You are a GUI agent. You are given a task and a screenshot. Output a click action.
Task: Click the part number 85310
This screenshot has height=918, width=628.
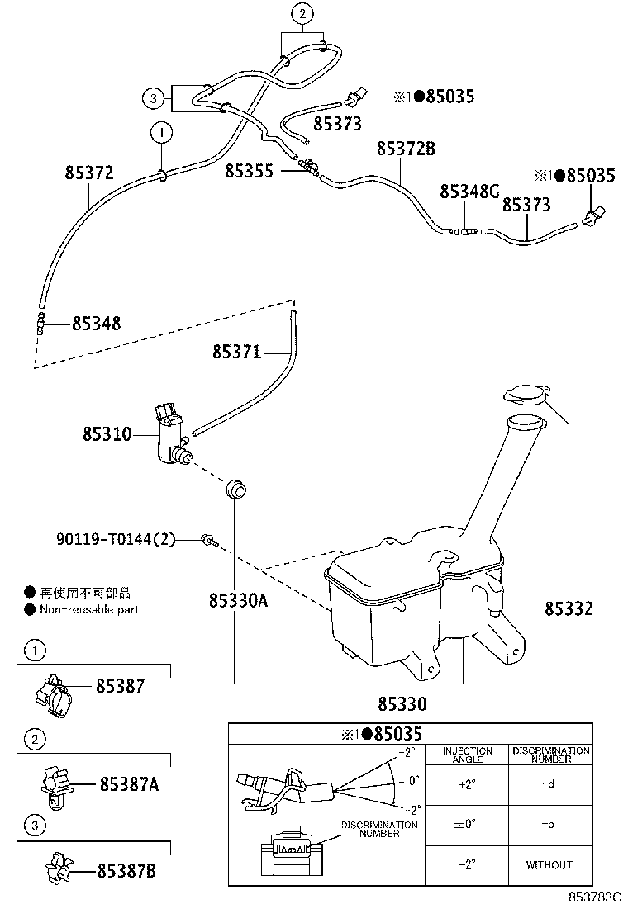(107, 433)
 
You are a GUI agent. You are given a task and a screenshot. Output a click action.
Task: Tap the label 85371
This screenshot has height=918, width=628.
(236, 353)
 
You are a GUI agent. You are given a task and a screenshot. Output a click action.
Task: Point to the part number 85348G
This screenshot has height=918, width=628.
(469, 192)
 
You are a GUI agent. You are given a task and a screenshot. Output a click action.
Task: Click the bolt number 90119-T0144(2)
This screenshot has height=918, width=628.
(117, 540)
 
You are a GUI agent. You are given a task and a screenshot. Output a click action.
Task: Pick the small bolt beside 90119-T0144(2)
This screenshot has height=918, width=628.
(209, 541)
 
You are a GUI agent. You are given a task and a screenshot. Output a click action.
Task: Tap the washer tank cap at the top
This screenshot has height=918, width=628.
(525, 394)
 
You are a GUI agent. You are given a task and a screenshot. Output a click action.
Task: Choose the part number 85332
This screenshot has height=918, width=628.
(569, 609)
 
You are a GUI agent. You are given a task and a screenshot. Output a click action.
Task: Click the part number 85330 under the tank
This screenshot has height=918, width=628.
(402, 704)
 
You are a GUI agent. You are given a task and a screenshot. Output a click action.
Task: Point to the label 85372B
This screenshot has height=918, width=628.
(406, 149)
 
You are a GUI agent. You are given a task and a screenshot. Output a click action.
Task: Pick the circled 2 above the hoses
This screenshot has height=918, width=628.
(302, 13)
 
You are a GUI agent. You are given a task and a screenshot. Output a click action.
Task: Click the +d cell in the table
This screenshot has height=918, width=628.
(548, 784)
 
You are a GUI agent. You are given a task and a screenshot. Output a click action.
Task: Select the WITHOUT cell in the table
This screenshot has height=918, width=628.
(549, 864)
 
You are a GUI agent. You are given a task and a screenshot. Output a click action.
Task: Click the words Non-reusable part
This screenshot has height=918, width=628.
(89, 609)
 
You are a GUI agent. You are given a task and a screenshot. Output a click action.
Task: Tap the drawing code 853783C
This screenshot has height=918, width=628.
(593, 897)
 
